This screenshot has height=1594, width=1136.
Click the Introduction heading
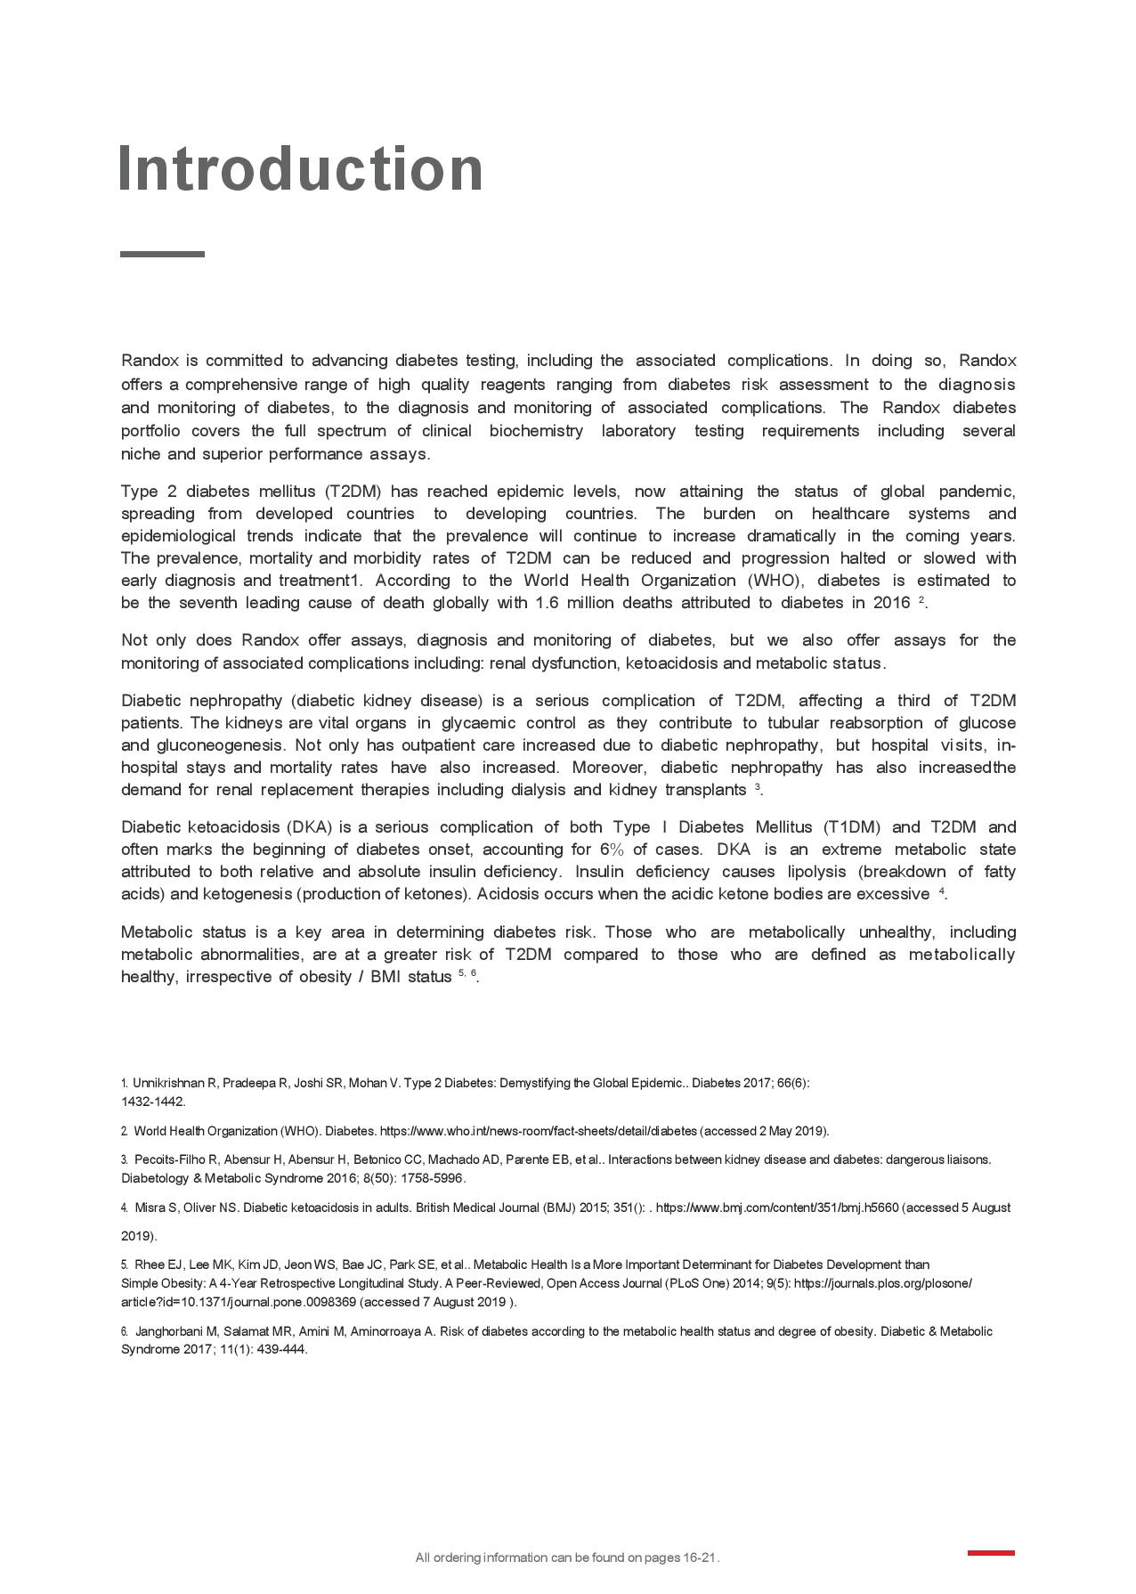300,168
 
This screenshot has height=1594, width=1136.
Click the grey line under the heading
162,254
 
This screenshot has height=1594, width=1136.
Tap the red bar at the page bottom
990,1553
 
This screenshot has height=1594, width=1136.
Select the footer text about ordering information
567,1557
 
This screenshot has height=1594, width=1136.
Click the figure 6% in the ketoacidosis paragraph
612,850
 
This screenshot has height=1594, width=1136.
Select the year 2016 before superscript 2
891,603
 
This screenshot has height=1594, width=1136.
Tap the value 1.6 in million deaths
545,603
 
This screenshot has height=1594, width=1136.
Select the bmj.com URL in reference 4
776,1208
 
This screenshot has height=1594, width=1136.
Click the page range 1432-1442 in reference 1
153,1102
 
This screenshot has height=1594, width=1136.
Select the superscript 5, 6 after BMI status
468,973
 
